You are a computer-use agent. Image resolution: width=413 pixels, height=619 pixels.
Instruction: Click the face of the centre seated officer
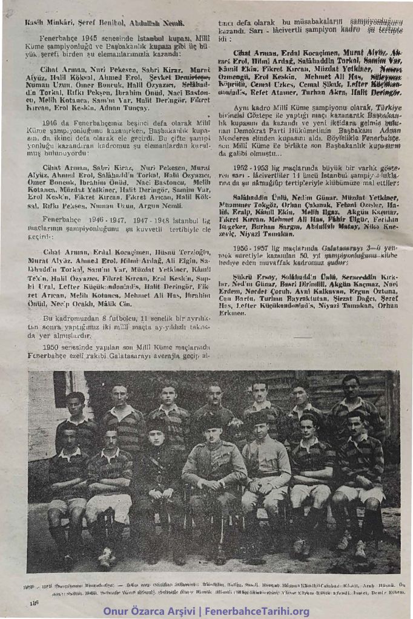[x=211, y=428]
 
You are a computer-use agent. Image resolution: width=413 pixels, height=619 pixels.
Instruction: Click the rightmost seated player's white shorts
[x=360, y=494]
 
